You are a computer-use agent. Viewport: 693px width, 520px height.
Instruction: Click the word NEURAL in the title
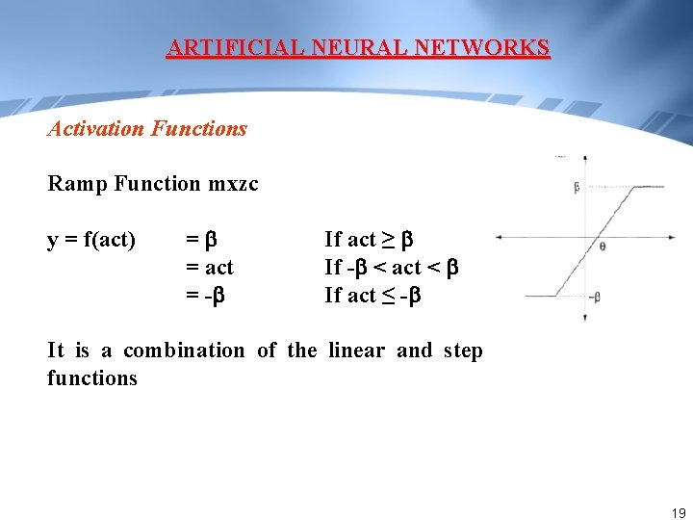pos(342,47)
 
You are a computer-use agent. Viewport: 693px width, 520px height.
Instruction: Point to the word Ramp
pos(77,183)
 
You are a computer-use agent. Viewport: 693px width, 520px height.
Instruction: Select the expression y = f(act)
pos(91,239)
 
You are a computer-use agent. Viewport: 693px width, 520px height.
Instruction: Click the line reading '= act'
pos(209,267)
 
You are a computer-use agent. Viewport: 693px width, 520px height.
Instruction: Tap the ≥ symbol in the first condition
pos(388,239)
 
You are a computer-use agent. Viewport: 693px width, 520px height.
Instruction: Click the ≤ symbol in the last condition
pos(388,295)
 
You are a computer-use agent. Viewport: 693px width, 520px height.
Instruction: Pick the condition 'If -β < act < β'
pos(391,267)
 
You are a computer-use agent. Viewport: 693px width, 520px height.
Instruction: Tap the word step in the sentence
pos(462,351)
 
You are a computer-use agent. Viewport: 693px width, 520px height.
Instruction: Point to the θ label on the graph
pos(603,247)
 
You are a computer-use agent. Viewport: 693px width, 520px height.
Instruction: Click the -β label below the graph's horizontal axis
pos(594,298)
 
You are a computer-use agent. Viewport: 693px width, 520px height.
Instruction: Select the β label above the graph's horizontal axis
pos(577,188)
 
